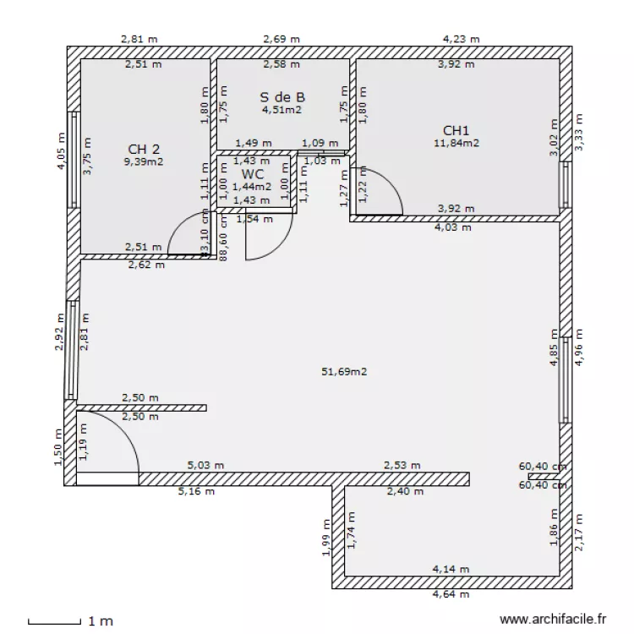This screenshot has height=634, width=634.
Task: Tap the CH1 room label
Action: click(x=456, y=130)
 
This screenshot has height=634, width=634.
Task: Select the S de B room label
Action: click(x=281, y=96)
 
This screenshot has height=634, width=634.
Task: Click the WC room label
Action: click(x=253, y=173)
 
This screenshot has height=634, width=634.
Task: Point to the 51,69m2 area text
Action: click(x=345, y=371)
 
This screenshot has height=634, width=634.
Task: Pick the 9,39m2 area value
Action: click(x=144, y=161)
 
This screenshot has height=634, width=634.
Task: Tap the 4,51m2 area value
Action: click(x=281, y=109)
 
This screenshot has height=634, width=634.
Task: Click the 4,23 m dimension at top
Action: click(x=461, y=39)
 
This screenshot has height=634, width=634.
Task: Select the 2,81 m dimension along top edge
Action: click(x=139, y=39)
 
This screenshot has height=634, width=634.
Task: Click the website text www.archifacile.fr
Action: click(x=554, y=620)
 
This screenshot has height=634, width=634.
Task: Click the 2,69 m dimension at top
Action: click(x=281, y=39)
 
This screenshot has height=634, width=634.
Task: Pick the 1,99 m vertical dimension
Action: click(x=327, y=538)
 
